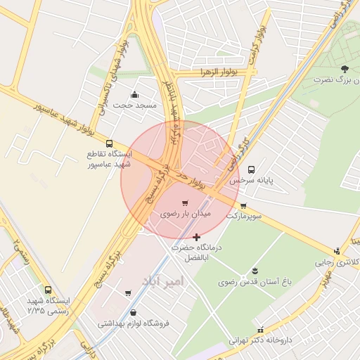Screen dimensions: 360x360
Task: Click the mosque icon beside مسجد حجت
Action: [x=134, y=95]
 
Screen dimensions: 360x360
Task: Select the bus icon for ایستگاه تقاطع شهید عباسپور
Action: [x=109, y=143]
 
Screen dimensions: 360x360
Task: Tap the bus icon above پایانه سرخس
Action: [x=251, y=169]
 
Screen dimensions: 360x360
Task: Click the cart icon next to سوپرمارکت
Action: [x=243, y=206]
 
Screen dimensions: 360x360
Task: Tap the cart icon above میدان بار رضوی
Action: [x=185, y=202]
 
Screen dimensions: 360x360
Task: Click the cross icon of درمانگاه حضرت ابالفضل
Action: [x=195, y=237]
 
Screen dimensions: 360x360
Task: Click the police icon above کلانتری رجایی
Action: [x=338, y=251]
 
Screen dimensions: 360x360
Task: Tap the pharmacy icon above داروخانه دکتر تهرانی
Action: [x=260, y=330]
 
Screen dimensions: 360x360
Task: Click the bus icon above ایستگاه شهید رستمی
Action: [x=48, y=290]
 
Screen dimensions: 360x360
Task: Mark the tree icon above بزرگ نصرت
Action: [x=344, y=69]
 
